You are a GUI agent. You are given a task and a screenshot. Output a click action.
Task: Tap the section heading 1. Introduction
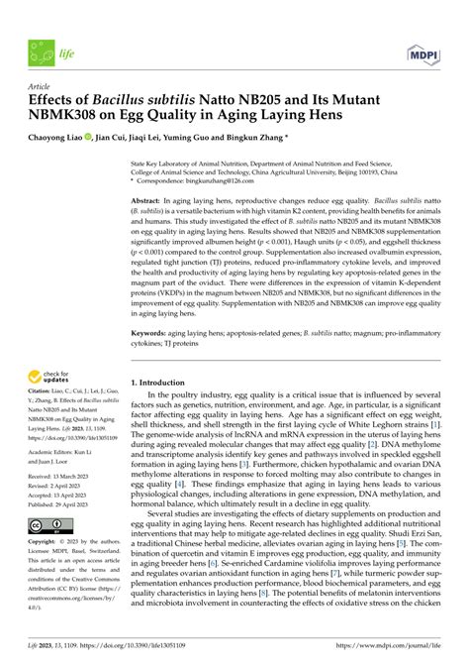coord(166,382)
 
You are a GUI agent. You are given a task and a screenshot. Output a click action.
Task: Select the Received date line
coord(57,478)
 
